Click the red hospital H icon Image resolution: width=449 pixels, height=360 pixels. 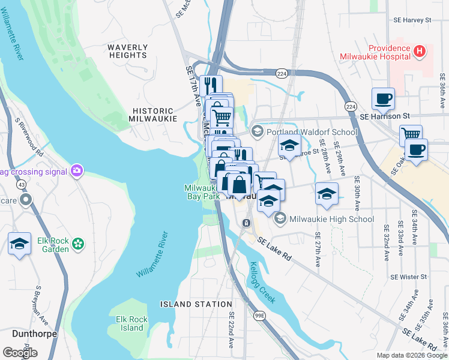click(x=420, y=52)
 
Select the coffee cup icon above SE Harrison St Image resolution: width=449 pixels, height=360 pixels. click(x=383, y=98)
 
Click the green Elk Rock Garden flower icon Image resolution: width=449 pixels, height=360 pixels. click(x=77, y=244)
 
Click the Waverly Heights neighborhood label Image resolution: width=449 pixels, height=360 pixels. click(x=127, y=51)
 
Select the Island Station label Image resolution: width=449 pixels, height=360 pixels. click(x=196, y=304)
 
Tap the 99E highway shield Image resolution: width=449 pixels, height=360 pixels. click(x=259, y=314)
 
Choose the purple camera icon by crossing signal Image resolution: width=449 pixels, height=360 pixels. click(x=76, y=172)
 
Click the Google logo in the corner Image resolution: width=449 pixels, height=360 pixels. click(x=20, y=352)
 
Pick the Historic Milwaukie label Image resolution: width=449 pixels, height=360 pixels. click(x=153, y=115)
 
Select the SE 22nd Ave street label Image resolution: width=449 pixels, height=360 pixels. click(x=231, y=331)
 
